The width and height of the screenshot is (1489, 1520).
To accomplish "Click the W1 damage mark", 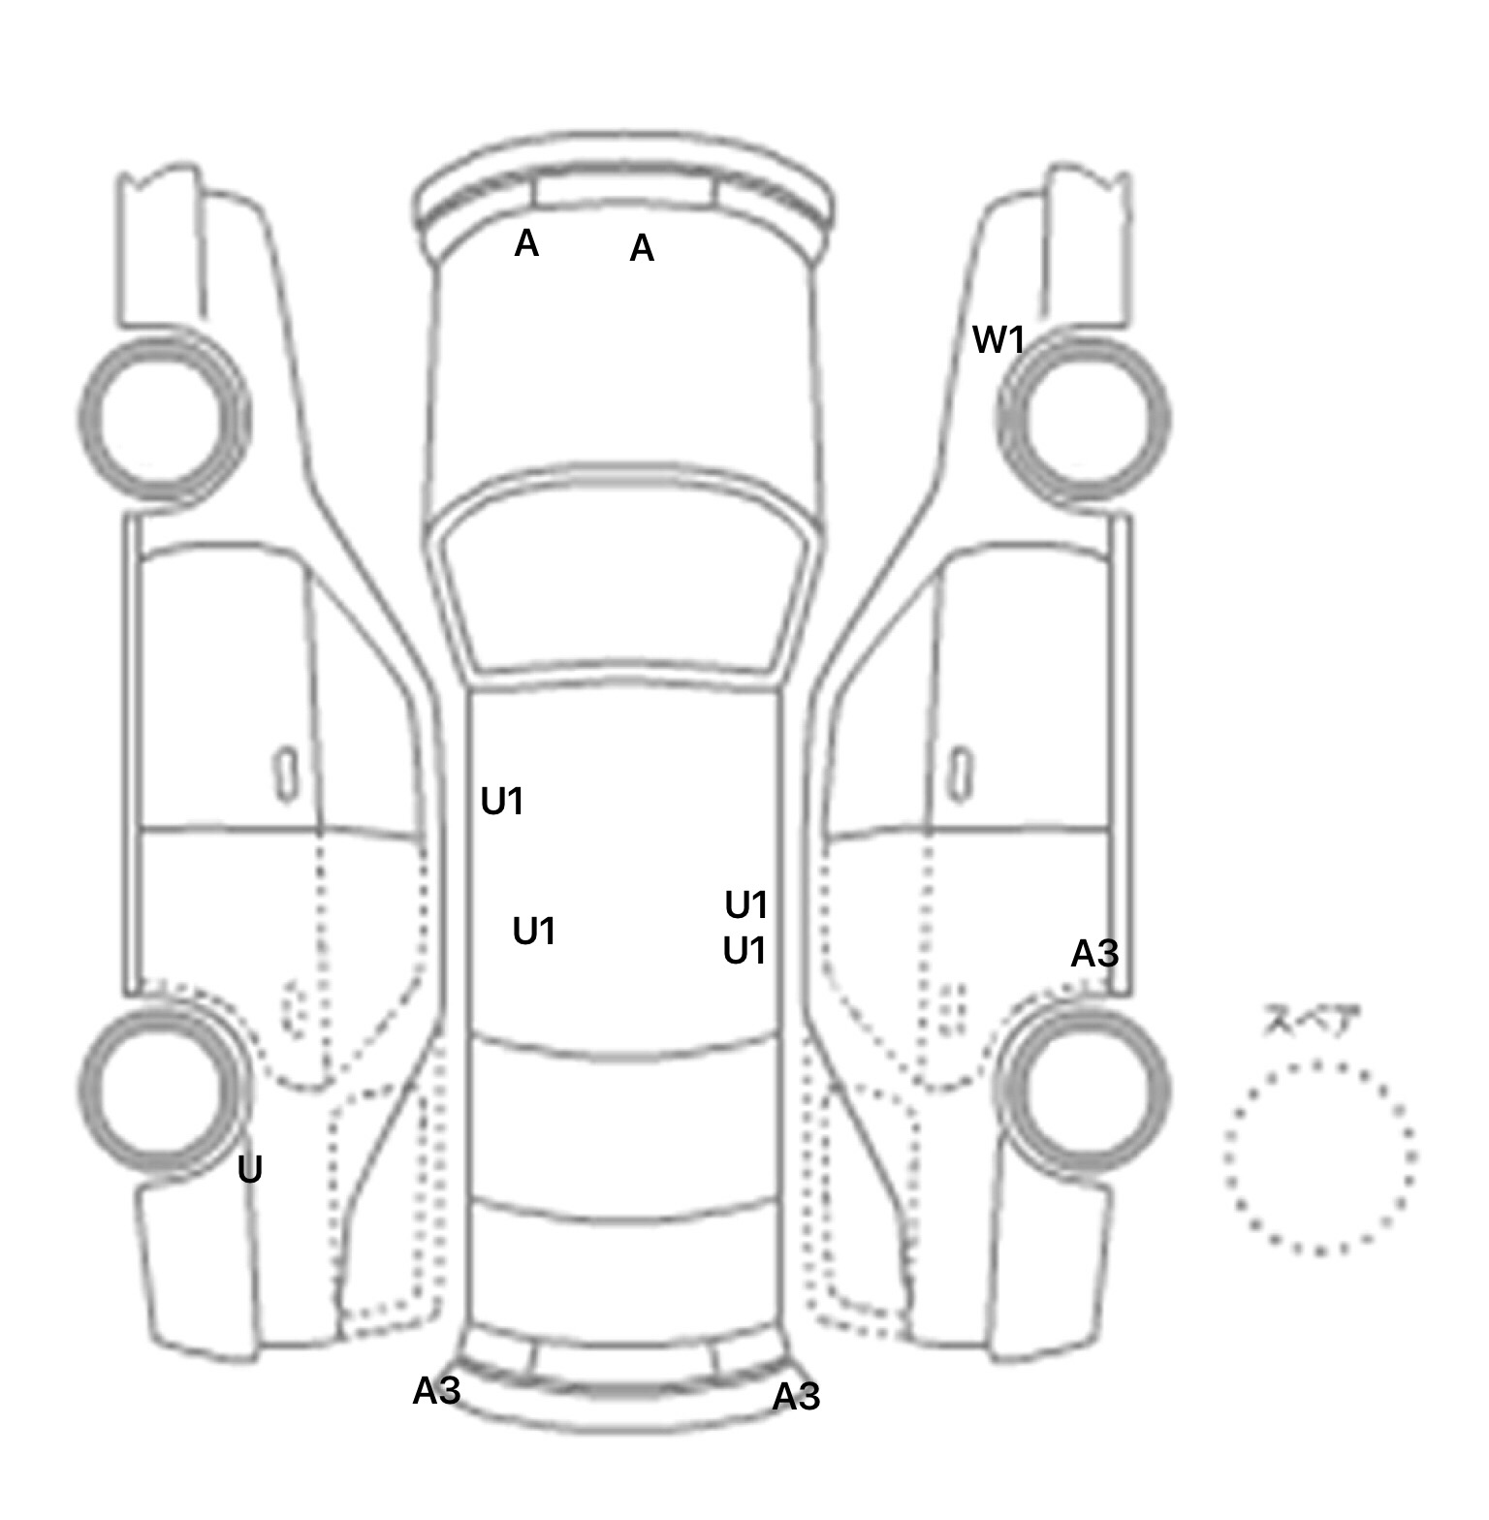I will click(998, 340).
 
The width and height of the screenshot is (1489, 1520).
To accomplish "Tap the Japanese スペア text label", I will click(1311, 1021).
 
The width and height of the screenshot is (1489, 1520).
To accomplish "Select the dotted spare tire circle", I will click(1319, 1157).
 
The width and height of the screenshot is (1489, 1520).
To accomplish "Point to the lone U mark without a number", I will click(250, 1171).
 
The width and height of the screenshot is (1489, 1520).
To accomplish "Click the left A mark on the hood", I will click(526, 243).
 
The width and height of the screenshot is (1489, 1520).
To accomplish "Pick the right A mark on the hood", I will click(642, 249).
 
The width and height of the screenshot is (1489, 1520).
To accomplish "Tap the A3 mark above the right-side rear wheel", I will click(1094, 955).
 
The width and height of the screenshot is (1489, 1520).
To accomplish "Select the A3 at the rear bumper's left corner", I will click(436, 1391).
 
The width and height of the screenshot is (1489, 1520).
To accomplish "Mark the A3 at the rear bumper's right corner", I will click(796, 1397).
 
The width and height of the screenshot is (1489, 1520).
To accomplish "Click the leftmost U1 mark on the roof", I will click(502, 802).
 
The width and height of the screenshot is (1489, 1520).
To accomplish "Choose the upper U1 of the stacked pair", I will click(746, 905).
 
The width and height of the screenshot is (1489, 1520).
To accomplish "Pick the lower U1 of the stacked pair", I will click(744, 952).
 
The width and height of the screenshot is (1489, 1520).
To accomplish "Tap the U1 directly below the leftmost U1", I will click(533, 932).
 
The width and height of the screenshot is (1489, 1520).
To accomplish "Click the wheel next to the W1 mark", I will click(1084, 420).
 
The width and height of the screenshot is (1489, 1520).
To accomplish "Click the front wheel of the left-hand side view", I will click(163, 418).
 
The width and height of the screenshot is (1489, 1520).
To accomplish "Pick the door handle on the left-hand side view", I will click(286, 774).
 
